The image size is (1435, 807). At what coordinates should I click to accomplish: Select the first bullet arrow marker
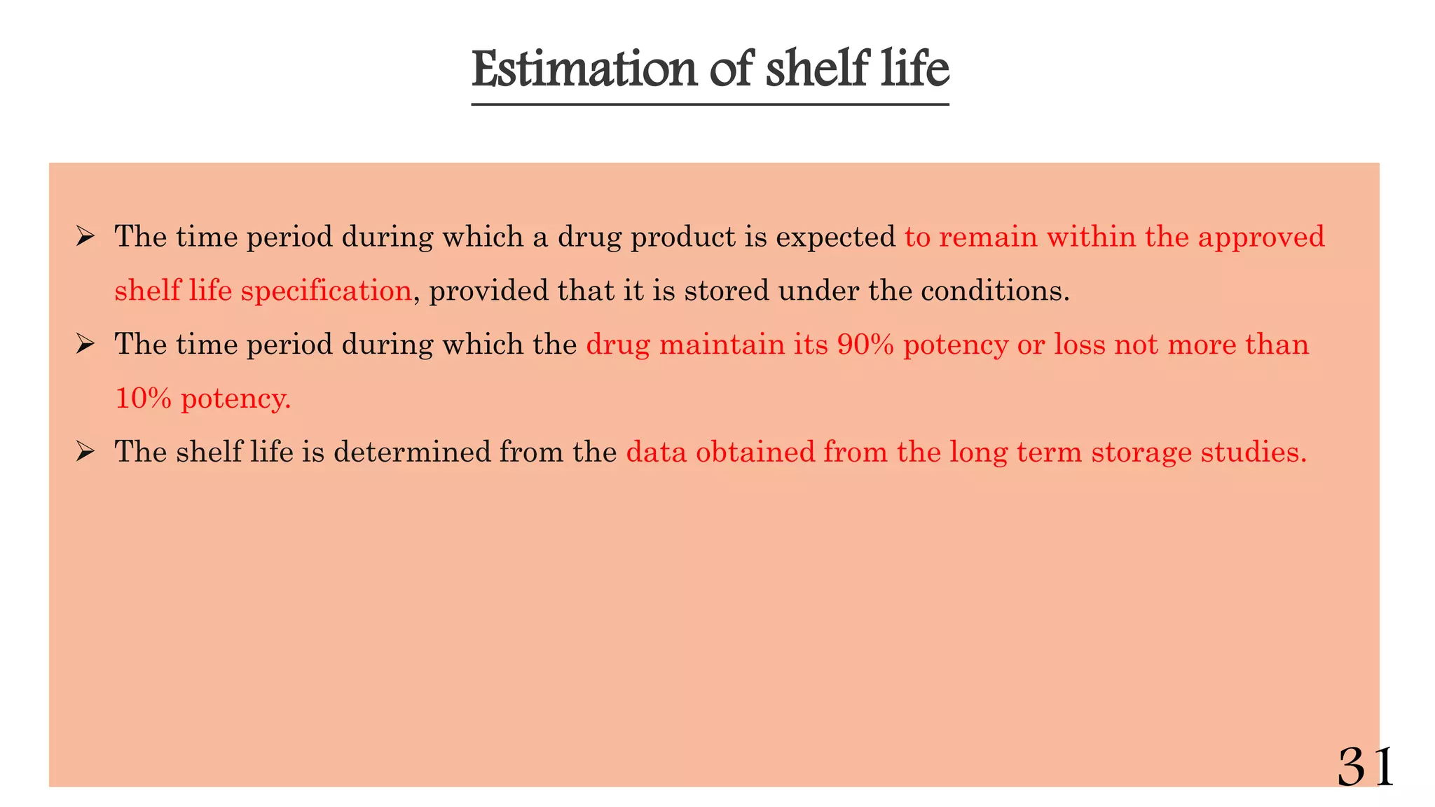[x=85, y=237]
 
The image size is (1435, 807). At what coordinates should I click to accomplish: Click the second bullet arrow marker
[x=85, y=345]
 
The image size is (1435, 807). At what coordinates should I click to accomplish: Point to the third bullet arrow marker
[x=85, y=452]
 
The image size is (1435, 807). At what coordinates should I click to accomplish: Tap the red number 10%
[x=143, y=399]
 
